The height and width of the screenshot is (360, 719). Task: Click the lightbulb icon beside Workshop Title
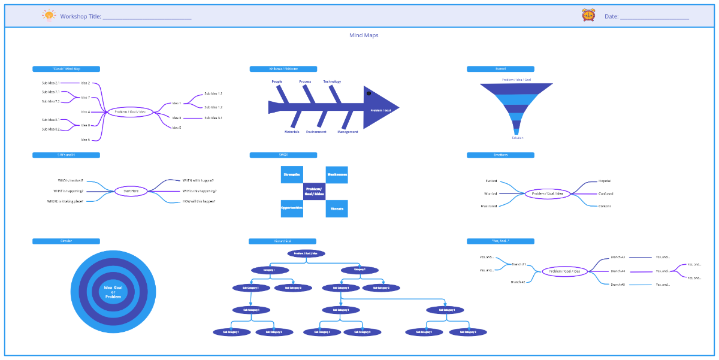[49, 16]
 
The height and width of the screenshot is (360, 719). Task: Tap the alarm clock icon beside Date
[588, 16]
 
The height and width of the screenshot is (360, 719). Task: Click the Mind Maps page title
[364, 35]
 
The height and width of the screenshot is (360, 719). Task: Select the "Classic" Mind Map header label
[66, 69]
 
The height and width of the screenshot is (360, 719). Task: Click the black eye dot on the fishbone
[368, 93]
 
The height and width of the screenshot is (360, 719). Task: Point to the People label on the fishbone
[277, 81]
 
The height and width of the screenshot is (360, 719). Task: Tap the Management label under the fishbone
[348, 132]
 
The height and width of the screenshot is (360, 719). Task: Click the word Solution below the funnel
[517, 138]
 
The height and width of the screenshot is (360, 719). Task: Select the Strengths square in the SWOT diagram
[292, 174]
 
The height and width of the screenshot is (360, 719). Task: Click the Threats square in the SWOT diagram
[337, 208]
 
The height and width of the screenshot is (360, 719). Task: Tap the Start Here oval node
[131, 191]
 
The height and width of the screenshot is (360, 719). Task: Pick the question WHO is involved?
[71, 180]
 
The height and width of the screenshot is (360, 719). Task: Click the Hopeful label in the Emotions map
[605, 181]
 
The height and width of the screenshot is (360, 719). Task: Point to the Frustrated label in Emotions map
[489, 206]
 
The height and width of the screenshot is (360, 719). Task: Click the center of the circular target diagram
[113, 292]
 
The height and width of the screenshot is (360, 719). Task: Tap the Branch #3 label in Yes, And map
[618, 285]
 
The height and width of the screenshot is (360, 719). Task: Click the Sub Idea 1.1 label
[213, 93]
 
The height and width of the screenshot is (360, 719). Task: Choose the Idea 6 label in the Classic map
[85, 140]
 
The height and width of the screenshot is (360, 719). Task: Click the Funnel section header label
[500, 69]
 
